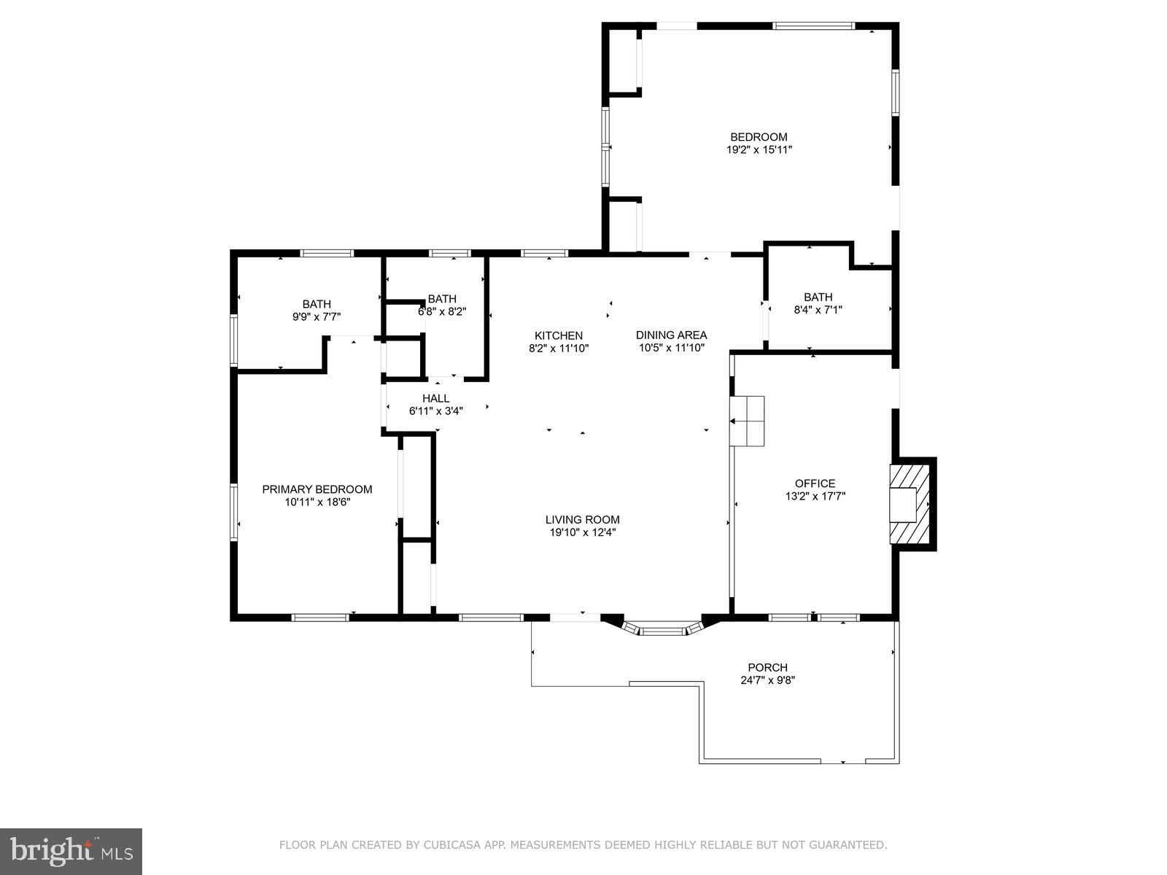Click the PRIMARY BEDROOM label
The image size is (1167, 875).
(x=317, y=489)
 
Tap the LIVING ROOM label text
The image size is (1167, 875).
(x=582, y=520)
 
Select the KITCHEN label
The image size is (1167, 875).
(x=558, y=335)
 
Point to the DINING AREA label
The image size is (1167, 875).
(x=671, y=335)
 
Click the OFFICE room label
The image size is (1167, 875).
(x=815, y=483)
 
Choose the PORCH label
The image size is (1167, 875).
(x=767, y=667)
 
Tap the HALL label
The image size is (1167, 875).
(x=435, y=398)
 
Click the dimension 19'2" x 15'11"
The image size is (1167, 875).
(x=759, y=149)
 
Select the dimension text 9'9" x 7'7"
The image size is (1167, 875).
(x=317, y=316)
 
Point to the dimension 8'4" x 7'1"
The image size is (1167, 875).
(x=818, y=309)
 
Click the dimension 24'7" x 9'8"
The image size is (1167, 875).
(x=767, y=680)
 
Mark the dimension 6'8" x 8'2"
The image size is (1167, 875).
(x=442, y=311)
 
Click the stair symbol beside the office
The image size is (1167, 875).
(x=748, y=421)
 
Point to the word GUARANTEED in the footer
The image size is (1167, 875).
(x=850, y=846)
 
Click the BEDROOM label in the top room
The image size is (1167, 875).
(x=759, y=137)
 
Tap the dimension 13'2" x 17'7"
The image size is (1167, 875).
(x=815, y=496)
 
